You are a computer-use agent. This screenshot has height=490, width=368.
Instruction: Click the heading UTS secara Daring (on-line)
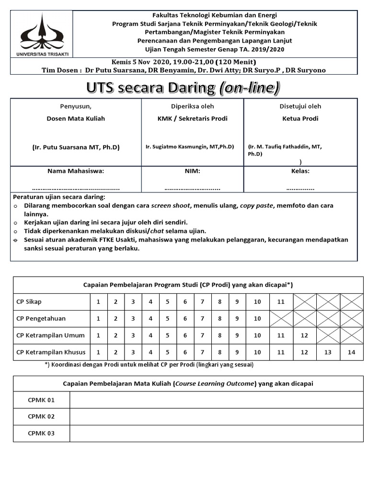click(x=184, y=88)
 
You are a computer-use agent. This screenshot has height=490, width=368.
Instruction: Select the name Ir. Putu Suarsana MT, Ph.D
click(x=76, y=147)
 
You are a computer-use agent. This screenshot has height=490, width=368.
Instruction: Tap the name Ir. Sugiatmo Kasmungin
click(x=189, y=147)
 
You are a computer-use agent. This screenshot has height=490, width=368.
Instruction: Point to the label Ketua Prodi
click(x=300, y=119)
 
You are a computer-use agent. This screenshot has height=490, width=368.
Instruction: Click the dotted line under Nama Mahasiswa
click(x=76, y=188)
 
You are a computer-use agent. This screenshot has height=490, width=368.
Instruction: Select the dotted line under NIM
click(x=192, y=188)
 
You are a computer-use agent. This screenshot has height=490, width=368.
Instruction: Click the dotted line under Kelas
click(x=300, y=188)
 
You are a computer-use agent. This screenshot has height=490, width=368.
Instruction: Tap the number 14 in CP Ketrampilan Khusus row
click(x=352, y=352)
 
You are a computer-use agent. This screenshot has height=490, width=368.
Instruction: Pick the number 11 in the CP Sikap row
click(x=281, y=302)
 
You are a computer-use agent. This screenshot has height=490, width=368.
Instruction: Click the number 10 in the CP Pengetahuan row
click(x=257, y=319)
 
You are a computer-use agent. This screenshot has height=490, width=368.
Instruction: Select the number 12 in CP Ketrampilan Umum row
click(x=304, y=335)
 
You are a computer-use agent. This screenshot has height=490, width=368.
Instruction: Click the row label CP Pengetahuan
click(x=41, y=319)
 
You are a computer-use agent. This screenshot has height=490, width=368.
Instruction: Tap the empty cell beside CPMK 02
click(x=216, y=416)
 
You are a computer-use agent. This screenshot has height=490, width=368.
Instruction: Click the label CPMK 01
click(x=41, y=400)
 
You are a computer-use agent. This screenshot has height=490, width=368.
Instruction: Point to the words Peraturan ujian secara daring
click(x=59, y=197)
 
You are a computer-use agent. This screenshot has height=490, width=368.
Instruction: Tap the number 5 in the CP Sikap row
click(x=168, y=302)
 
